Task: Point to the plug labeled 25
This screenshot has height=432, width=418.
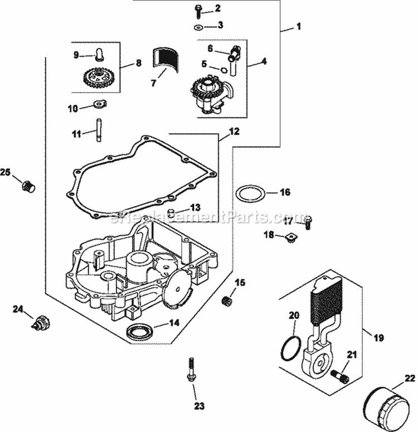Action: point(28,186)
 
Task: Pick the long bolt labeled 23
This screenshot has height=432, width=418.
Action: point(191,368)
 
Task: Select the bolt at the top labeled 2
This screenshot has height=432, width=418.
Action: point(198,9)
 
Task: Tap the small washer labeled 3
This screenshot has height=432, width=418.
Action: point(199,27)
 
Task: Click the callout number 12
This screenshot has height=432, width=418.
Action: point(234,132)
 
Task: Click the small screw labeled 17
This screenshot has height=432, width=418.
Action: point(308,223)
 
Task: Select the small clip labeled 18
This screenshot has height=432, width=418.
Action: point(289,239)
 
